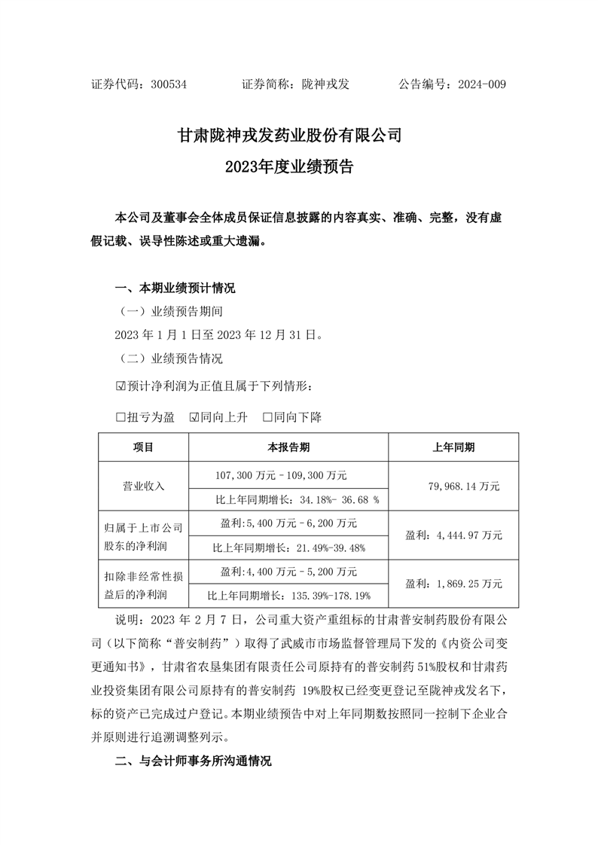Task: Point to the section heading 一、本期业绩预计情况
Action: click(x=175, y=288)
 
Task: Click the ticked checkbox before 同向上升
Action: click(x=194, y=417)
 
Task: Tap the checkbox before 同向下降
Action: click(x=267, y=417)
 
